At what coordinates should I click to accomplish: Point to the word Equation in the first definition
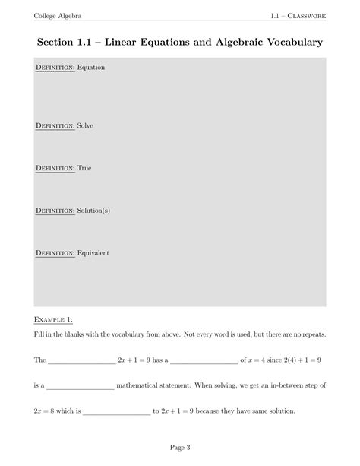click(x=91, y=68)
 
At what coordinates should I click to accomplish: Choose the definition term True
click(x=84, y=168)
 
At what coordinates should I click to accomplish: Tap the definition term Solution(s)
click(x=94, y=211)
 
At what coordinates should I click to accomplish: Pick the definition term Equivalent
click(x=93, y=253)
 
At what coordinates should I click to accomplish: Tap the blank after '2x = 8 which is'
click(x=116, y=413)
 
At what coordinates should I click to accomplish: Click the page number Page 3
click(x=179, y=447)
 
